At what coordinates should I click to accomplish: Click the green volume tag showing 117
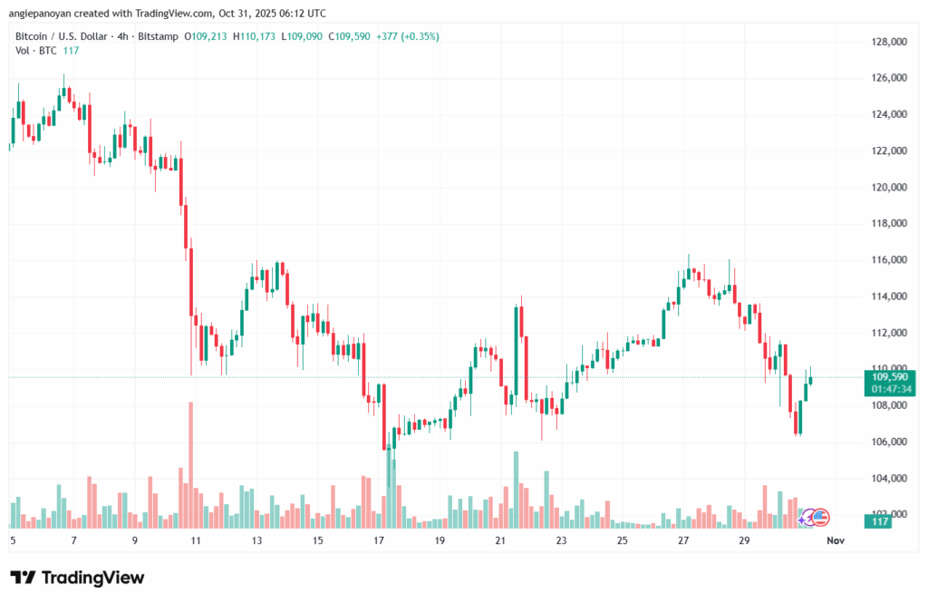click(x=879, y=521)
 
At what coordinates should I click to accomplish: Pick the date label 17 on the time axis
click(x=379, y=541)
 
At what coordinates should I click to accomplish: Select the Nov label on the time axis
click(x=836, y=541)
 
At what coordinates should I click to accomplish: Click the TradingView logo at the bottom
click(x=77, y=578)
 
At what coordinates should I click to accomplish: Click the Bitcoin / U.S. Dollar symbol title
click(x=64, y=37)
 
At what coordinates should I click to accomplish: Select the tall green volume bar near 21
click(x=516, y=490)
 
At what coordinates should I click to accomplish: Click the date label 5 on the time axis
click(x=12, y=541)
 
